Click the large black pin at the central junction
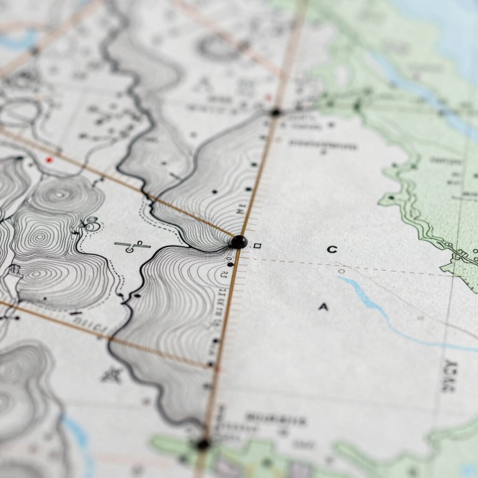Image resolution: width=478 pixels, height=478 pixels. pos(238,241)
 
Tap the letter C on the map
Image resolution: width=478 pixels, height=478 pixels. pos(332,250)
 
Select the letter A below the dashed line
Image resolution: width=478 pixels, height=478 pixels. pos(323,306)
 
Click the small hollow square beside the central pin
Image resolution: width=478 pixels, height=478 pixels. pos(257,246)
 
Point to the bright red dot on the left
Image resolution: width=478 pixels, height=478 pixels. pos(49,160)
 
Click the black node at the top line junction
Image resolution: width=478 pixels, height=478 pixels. pos(275,112)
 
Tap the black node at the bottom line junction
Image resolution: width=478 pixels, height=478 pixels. pos(202,444)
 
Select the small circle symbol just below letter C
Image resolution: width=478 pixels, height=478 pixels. pos(341,271)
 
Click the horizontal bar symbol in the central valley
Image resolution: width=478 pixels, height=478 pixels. pos(132,245)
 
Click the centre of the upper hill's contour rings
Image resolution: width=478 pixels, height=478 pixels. pos(60,195)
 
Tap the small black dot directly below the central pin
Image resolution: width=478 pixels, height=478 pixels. pos(230,265)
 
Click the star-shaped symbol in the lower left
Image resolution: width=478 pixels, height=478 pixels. pos(112,374)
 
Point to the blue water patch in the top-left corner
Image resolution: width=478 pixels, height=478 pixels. pos(19,40)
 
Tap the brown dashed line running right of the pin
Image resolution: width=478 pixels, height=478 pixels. pos(349,266)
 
